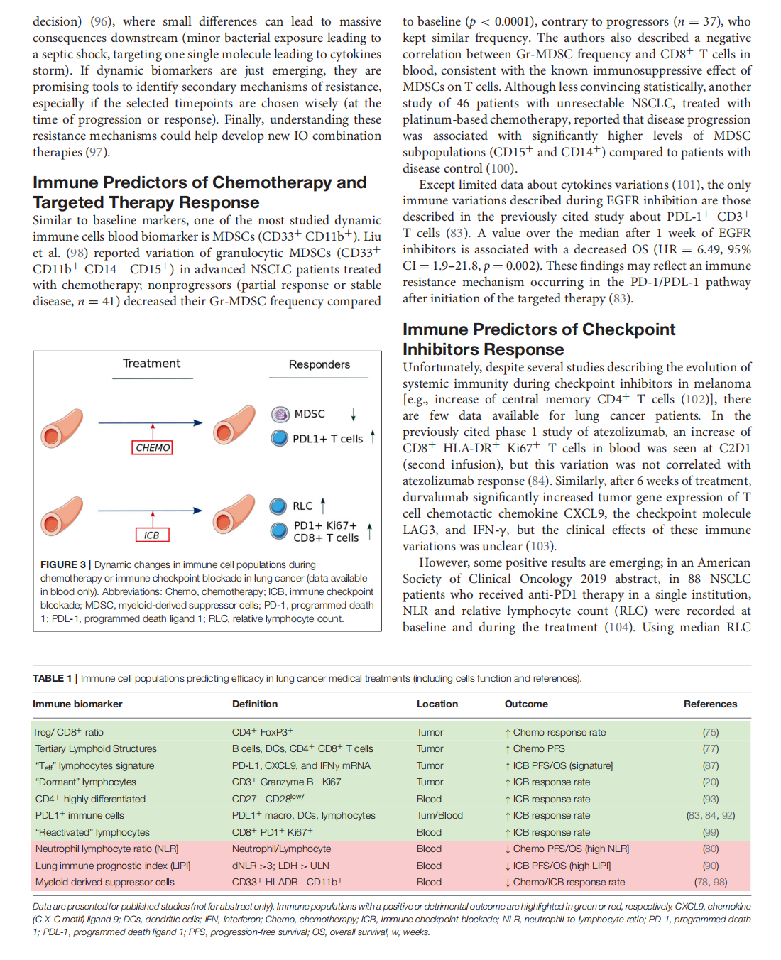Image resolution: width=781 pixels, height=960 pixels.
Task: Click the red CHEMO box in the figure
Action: coord(153,447)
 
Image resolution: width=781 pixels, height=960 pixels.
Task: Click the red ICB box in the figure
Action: coord(152,535)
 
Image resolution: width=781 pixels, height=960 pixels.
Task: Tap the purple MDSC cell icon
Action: coord(280,414)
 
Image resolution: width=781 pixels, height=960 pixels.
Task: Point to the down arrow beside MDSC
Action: coord(353,414)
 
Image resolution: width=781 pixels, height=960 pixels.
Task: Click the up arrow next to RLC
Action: coord(323,506)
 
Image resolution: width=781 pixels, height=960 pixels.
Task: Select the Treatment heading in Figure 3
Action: coord(151,364)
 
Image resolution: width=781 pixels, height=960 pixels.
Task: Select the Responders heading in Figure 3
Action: coord(319,364)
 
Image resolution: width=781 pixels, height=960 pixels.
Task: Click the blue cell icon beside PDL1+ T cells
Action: coord(280,438)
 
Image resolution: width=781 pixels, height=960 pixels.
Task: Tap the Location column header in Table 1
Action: coord(437,704)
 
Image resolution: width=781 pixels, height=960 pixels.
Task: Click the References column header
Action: coord(710,704)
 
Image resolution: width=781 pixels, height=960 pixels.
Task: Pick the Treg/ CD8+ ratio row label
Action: coord(68,732)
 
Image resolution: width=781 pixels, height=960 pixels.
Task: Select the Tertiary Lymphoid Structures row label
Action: coord(96,748)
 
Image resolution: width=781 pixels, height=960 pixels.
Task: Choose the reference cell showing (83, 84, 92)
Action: coord(710,815)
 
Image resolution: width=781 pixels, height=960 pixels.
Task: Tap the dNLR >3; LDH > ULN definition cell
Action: coord(280,866)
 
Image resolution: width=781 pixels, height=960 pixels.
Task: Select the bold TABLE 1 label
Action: coord(52,678)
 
